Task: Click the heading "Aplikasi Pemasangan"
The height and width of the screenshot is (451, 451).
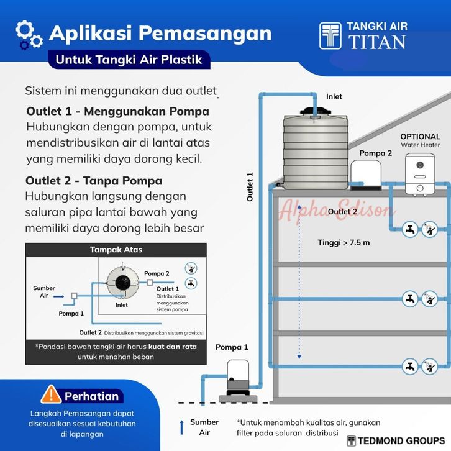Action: click(160, 32)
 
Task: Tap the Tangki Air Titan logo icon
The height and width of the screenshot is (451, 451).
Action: click(330, 36)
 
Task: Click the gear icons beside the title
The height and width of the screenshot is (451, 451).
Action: click(28, 34)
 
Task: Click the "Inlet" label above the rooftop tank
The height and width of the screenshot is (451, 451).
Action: click(334, 97)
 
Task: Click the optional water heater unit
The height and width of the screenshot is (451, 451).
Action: click(420, 173)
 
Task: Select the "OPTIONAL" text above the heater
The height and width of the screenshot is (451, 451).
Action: click(420, 137)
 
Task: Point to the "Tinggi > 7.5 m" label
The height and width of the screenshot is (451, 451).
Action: click(344, 242)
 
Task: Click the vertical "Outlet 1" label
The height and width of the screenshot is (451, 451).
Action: click(250, 187)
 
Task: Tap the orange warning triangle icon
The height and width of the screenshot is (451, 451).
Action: click(50, 394)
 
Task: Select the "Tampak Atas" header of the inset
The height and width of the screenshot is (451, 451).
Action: click(116, 250)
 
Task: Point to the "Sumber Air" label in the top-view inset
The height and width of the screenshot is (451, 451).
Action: click(44, 292)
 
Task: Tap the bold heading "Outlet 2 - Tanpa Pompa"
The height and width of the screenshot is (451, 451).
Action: click(94, 181)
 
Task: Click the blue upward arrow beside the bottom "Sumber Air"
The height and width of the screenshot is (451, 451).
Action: click(182, 427)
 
